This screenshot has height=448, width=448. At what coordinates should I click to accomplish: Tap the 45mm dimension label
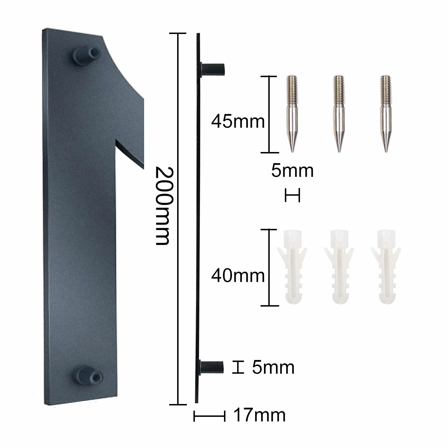pos(238,121)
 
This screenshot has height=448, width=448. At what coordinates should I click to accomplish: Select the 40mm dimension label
pos(238,276)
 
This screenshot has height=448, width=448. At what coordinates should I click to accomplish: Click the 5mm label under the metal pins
pos(292,171)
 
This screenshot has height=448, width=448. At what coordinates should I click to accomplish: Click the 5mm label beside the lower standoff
pos(273,367)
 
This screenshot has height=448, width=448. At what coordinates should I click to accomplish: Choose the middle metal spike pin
pos(339,114)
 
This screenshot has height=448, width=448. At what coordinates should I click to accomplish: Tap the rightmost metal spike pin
pos(386,114)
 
